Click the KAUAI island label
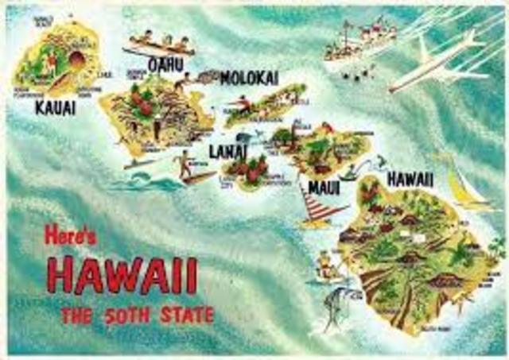pos(56,107)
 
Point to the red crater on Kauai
pos(76,60)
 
